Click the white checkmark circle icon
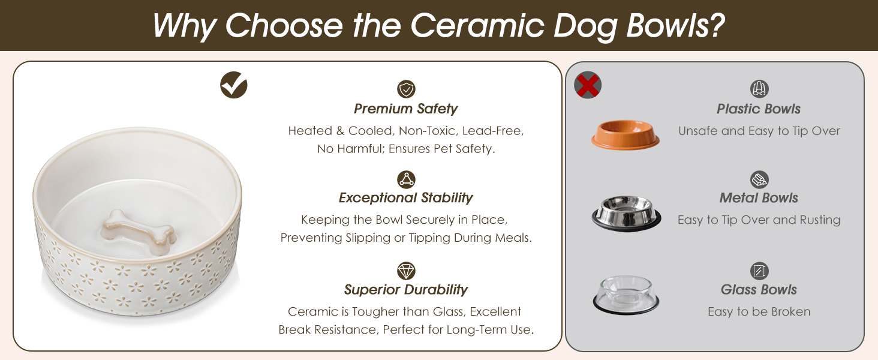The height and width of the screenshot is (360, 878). [x=234, y=85]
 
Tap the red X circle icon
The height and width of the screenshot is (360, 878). [x=588, y=85]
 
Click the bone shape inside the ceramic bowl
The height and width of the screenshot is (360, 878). [x=137, y=232]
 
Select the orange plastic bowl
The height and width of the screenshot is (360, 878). [x=626, y=134]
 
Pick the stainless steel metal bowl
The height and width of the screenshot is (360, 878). [x=626, y=214]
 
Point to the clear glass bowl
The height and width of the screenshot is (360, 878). [x=626, y=295]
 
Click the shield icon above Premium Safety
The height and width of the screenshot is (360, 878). [x=406, y=89]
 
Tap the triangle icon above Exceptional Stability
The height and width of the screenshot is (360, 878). [x=406, y=179]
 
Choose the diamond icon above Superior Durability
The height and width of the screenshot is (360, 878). [x=406, y=271]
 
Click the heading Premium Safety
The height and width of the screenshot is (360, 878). [x=405, y=109]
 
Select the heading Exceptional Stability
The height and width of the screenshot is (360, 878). [x=405, y=197]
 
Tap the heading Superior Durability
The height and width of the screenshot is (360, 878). [x=405, y=289]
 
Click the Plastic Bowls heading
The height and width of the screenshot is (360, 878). [x=759, y=109]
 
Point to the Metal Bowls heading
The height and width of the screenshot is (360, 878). [x=759, y=197]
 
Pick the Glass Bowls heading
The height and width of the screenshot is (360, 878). [x=759, y=289]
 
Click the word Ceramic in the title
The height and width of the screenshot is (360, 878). [x=477, y=25]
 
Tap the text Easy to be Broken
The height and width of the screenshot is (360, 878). [x=759, y=311]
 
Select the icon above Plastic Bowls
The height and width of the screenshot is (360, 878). [x=759, y=89]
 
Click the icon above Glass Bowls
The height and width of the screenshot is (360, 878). [x=759, y=271]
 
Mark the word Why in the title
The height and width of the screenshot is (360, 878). [x=184, y=26]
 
